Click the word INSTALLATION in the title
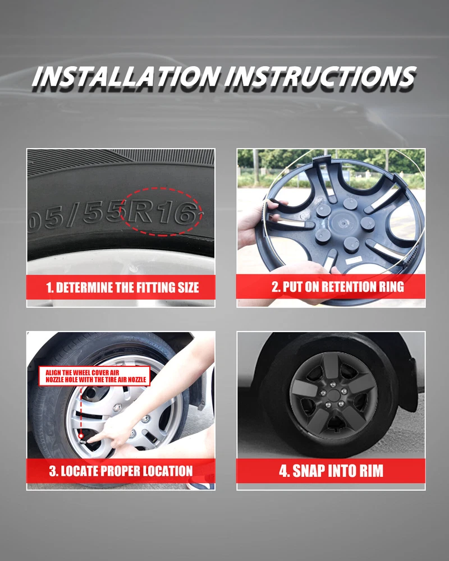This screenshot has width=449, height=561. pyautogui.click(x=125, y=76)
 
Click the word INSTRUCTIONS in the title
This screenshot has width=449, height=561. pyautogui.click(x=320, y=76)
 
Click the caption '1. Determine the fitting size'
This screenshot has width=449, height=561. pyautogui.click(x=122, y=288)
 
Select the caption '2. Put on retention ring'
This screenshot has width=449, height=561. pyautogui.click(x=338, y=287)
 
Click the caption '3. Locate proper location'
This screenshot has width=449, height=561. pyautogui.click(x=121, y=471)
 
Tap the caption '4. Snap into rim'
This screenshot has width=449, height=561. pyautogui.click(x=331, y=471)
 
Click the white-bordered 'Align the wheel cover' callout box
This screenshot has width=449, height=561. pyautogui.click(x=94, y=376)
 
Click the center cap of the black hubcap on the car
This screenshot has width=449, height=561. pyautogui.click(x=334, y=395)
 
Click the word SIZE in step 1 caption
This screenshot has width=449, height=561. pyautogui.click(x=189, y=288)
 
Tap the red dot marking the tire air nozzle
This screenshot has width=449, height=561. pyautogui.click(x=81, y=436)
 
